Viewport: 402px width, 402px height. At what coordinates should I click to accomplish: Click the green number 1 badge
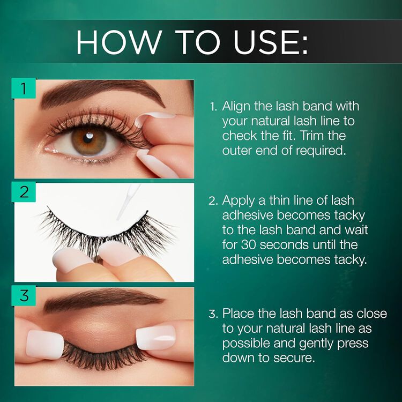24,88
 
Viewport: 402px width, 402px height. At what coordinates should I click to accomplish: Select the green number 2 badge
24,192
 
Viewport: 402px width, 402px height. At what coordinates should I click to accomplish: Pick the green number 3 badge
24,295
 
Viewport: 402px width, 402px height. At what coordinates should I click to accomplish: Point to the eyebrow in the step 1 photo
102,92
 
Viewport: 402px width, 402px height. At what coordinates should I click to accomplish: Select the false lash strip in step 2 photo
107,230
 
